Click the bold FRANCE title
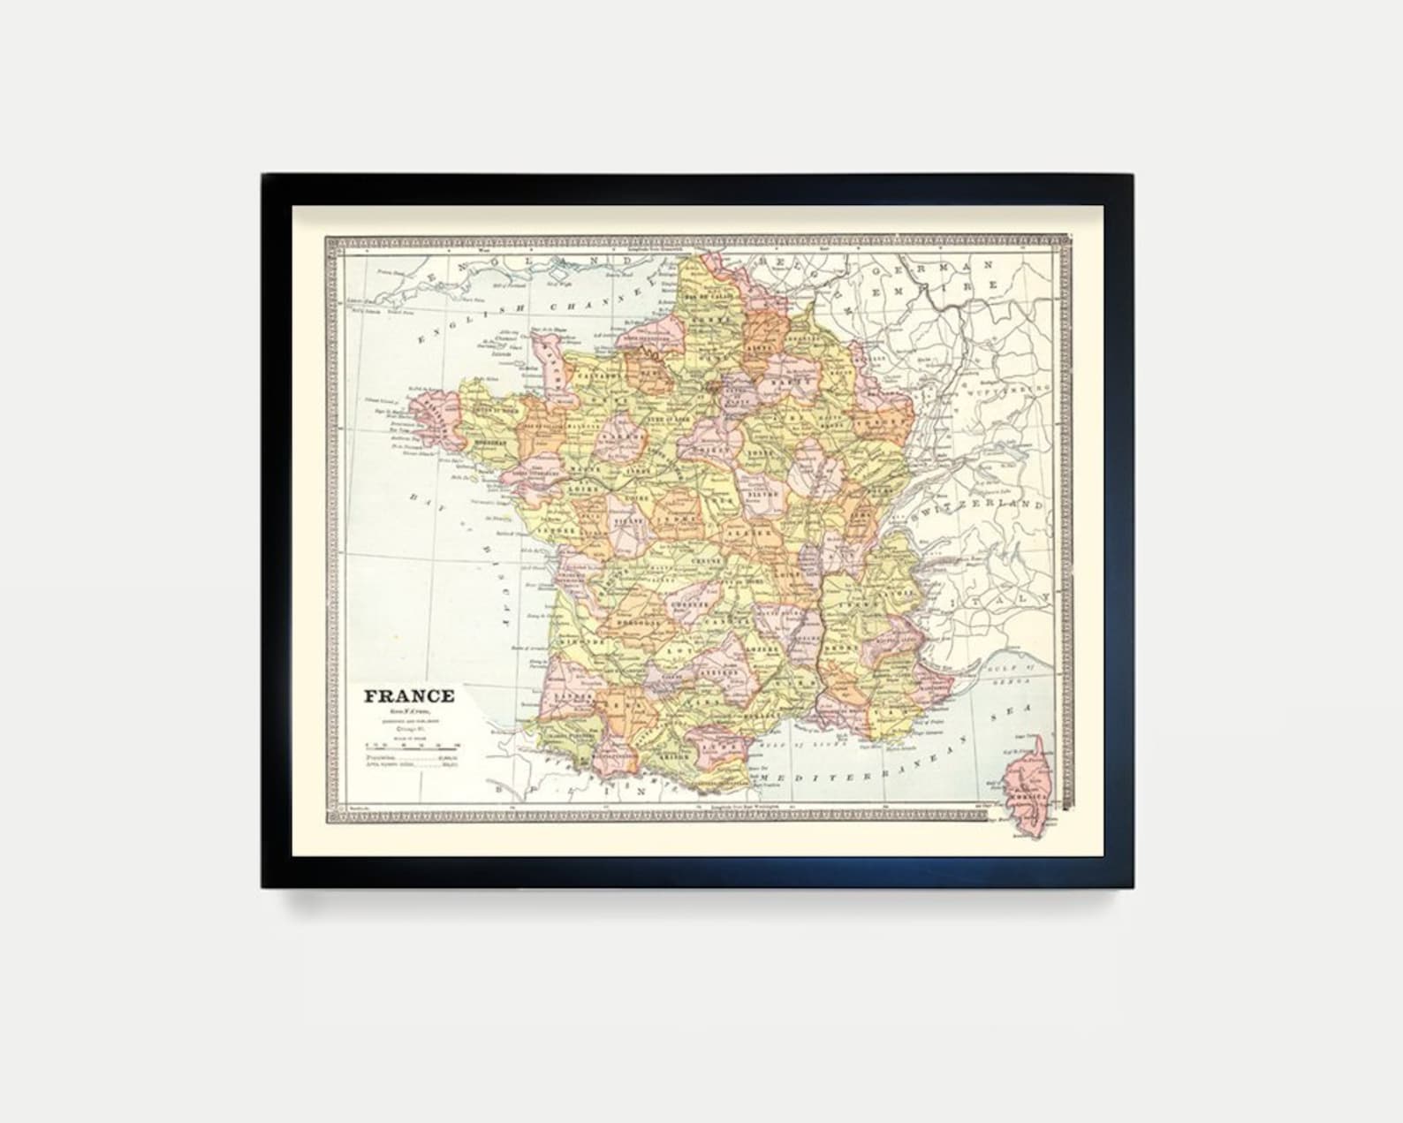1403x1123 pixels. (x=409, y=696)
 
